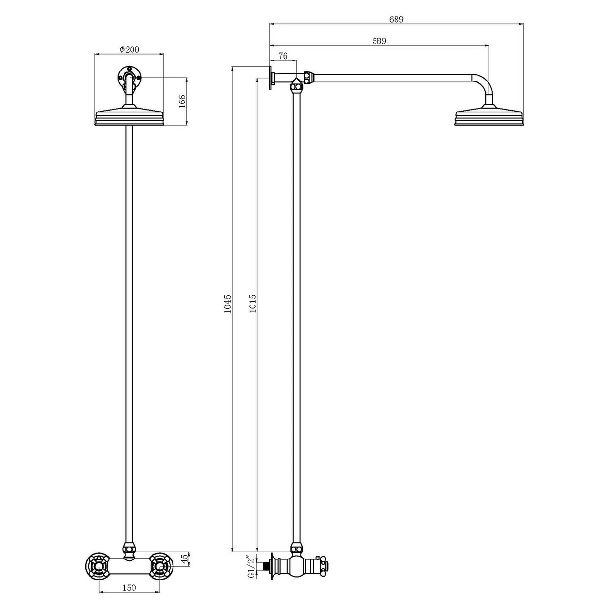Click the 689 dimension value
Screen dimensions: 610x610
(396, 20)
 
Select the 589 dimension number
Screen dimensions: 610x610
(379, 41)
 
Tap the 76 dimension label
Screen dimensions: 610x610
(283, 56)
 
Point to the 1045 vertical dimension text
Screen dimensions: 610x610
(228, 303)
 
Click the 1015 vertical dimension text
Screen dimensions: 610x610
(253, 303)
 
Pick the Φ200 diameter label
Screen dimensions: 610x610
(130, 49)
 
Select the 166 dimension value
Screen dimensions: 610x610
(182, 102)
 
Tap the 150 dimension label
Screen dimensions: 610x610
(129, 588)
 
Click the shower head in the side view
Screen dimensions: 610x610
(489, 118)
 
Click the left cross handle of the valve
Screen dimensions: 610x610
(99, 566)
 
